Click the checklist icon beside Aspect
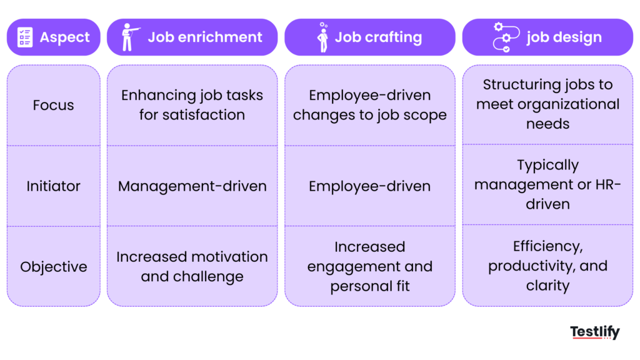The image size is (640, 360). [25, 37]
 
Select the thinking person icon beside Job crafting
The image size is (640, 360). [322, 37]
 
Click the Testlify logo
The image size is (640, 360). [594, 332]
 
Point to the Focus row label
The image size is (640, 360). [53, 105]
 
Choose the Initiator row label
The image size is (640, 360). [53, 186]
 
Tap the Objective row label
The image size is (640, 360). [53, 267]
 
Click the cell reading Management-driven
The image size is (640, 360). [192, 186]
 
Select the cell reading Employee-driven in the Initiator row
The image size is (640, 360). [369, 186]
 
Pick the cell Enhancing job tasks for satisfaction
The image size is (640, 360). [192, 105]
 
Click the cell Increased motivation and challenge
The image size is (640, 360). [192, 267]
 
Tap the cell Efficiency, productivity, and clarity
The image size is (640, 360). [547, 266]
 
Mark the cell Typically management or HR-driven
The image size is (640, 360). [547, 185]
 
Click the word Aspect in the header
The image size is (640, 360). [64, 37]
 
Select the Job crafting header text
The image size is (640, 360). [378, 37]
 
